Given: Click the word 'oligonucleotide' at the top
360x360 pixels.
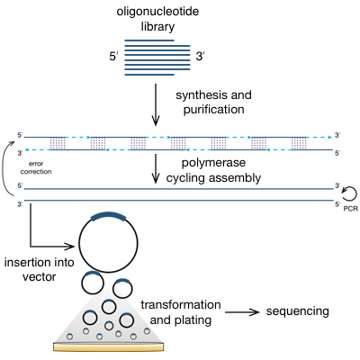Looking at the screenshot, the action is click(x=157, y=12).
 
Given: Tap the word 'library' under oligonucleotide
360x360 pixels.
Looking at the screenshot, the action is click(x=157, y=26).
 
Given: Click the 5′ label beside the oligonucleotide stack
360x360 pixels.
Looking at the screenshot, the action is click(x=113, y=57).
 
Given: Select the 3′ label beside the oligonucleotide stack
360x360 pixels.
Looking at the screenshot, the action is click(x=200, y=56).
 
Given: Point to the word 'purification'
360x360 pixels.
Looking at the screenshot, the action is click(x=213, y=109).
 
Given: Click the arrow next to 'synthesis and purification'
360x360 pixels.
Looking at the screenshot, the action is click(x=156, y=104).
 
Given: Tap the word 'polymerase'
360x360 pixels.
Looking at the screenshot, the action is click(x=213, y=163).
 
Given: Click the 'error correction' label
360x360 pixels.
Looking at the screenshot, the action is click(x=36, y=167).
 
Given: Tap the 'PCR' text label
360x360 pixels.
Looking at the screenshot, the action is click(x=350, y=208).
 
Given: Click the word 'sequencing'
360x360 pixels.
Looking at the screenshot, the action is click(x=298, y=311).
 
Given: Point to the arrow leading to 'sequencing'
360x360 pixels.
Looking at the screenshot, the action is click(x=242, y=312).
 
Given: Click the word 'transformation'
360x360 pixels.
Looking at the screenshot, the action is click(x=181, y=304).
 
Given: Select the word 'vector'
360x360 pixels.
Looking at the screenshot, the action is click(x=40, y=276).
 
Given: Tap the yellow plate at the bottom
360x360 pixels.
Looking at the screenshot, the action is click(x=109, y=346).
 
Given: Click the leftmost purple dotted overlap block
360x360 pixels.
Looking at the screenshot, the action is click(x=58, y=143).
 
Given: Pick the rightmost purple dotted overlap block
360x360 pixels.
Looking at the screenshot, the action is click(x=299, y=143).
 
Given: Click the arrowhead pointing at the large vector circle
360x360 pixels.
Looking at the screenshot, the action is click(x=70, y=247).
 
